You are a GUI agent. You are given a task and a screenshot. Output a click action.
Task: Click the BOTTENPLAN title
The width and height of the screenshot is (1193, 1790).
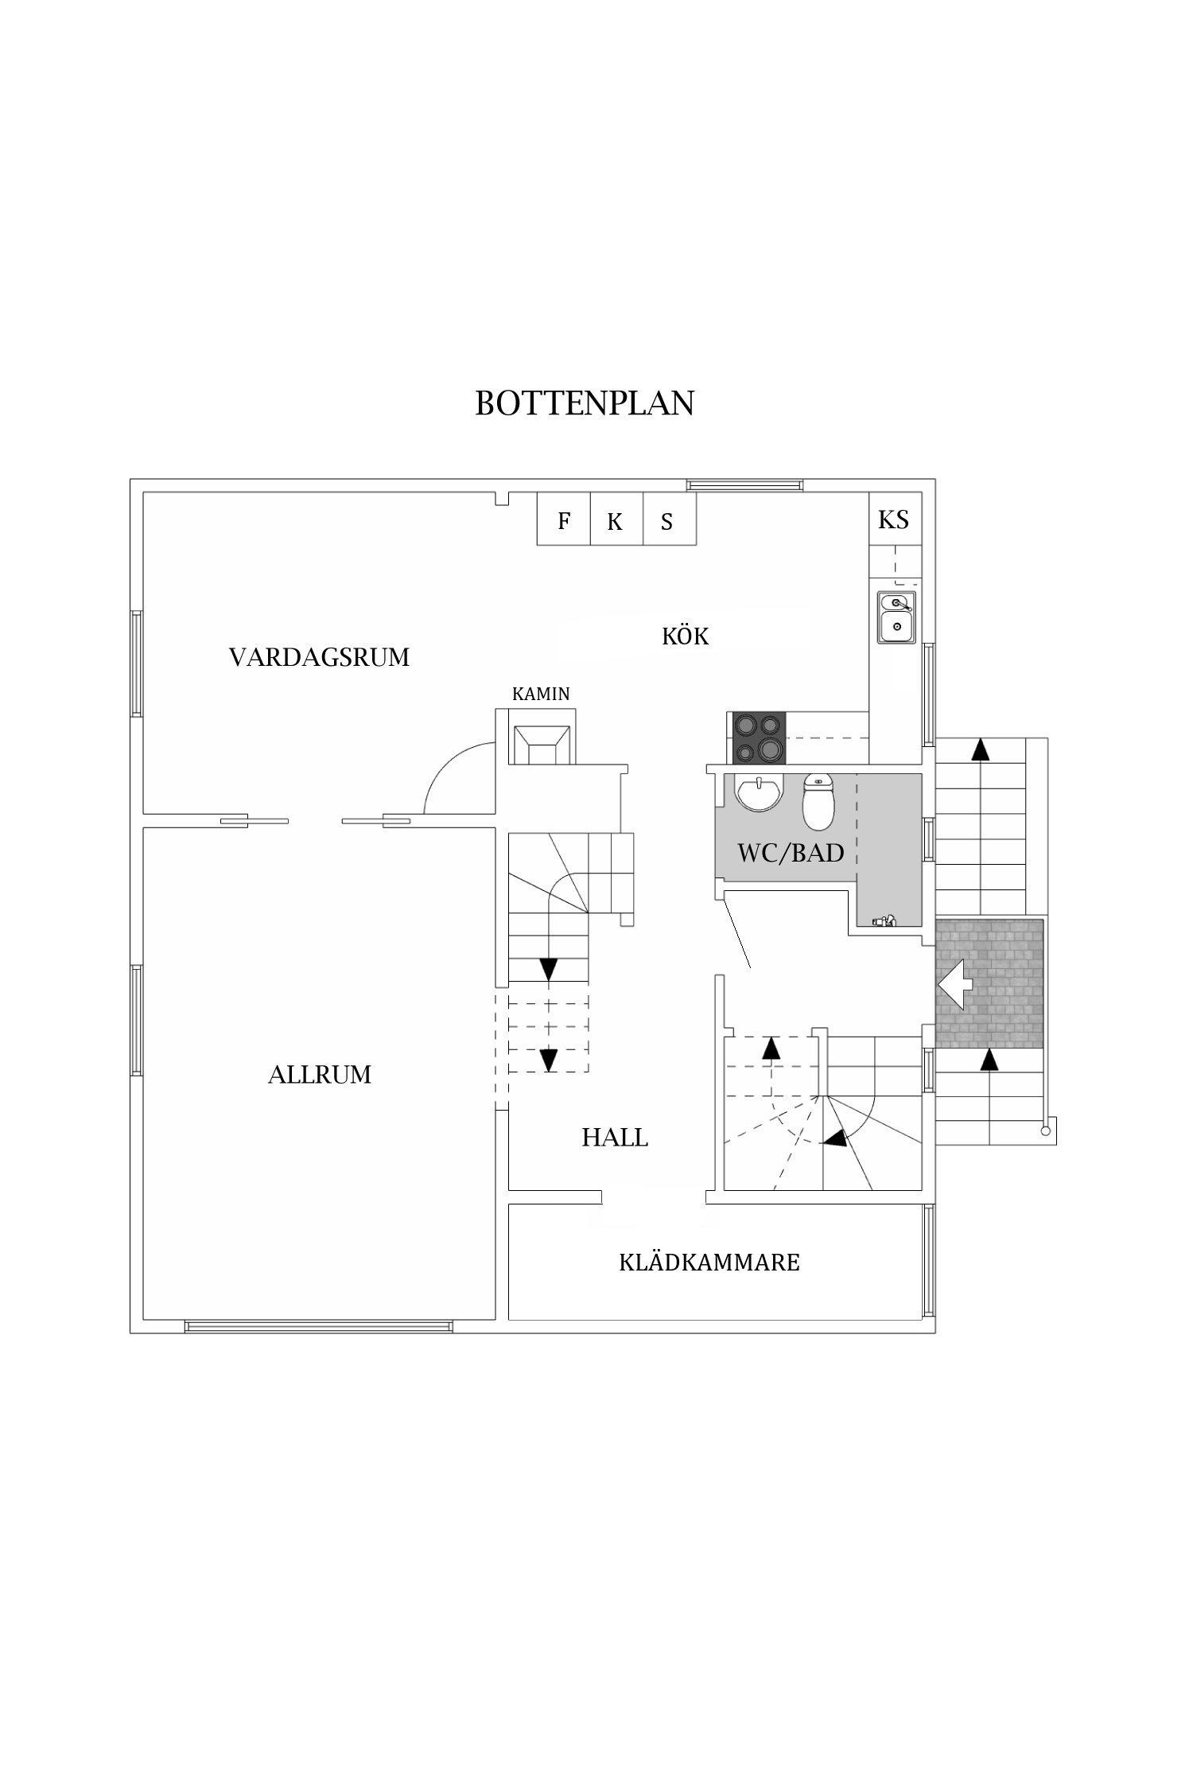tap(585, 403)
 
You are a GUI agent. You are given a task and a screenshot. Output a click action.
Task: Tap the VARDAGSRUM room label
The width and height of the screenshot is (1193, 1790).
tap(319, 657)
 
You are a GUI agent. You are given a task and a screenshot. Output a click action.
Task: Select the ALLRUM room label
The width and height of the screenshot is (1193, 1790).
tap(320, 1075)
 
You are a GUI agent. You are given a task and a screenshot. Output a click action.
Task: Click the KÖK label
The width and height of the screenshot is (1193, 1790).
tap(685, 636)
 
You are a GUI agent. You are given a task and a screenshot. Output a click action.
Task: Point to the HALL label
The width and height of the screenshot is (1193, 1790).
tap(615, 1138)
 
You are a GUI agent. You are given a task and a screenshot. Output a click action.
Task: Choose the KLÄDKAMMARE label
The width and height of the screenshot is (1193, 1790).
tap(709, 1263)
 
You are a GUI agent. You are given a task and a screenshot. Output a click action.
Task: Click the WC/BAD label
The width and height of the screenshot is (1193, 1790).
tap(791, 854)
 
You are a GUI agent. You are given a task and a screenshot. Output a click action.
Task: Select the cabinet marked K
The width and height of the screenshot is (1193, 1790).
tap(616, 521)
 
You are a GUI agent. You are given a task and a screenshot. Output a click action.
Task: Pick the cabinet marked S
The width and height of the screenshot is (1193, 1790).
tap(668, 521)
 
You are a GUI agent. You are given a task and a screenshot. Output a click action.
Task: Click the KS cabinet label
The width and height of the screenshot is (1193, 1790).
tap(893, 519)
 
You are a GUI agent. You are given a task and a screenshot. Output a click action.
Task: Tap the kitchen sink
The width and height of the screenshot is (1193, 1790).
tap(896, 617)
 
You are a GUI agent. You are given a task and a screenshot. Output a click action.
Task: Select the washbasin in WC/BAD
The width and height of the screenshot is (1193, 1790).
tap(760, 793)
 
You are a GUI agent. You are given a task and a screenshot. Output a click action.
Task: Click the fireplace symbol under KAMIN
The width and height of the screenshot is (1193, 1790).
tap(542, 744)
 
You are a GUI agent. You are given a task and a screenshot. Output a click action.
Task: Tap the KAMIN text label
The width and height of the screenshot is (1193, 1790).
tap(541, 694)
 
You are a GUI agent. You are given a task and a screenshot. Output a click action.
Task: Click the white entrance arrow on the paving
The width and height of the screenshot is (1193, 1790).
tap(957, 984)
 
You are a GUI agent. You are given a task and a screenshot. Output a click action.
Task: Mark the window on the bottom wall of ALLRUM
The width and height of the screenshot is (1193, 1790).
tap(318, 1326)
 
